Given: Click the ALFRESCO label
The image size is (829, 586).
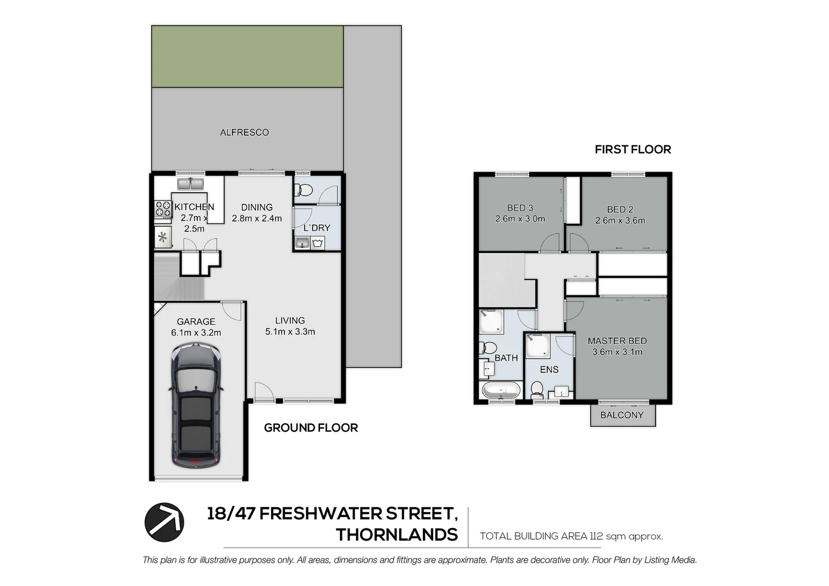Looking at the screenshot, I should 244,132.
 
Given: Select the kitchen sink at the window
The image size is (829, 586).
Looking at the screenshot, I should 190,184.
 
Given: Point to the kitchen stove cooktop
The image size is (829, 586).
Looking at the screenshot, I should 163,209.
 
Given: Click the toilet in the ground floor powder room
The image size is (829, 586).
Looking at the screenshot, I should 304,190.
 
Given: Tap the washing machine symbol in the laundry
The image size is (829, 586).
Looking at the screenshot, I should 318,242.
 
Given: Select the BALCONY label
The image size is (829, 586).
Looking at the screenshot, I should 622,415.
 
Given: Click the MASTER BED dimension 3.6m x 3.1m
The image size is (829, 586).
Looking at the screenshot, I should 617,352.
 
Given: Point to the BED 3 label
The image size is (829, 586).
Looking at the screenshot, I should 520,208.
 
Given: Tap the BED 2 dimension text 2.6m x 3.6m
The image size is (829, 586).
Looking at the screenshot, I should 620,221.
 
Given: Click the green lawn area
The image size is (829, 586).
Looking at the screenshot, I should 247,56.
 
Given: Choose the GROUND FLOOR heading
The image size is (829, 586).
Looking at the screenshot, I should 311,428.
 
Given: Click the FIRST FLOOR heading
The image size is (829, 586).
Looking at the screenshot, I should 633,150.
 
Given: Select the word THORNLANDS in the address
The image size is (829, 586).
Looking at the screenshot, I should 396,535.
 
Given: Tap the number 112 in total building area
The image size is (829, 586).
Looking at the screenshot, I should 595,537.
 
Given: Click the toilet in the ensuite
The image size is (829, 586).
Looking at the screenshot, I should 537,388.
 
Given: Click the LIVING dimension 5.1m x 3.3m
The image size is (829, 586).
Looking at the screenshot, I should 290,332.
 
